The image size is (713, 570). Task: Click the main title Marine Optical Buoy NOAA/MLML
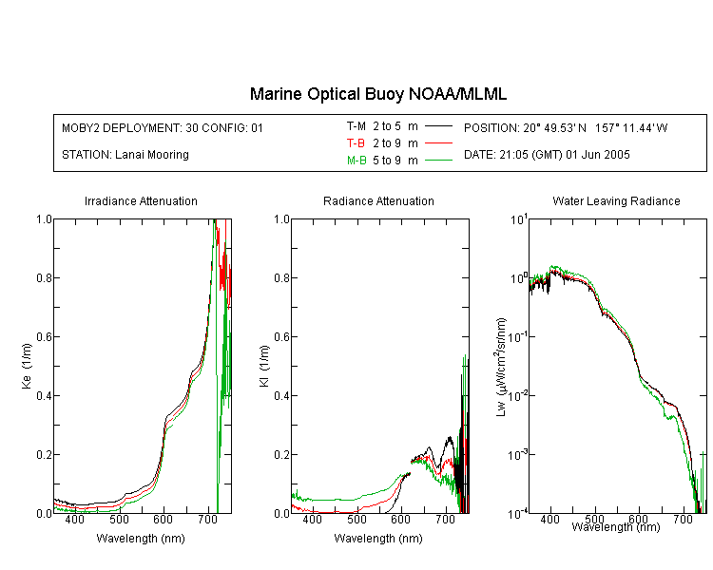(x=377, y=94)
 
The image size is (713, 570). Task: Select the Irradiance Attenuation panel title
(x=141, y=200)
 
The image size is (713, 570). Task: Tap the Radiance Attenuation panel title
(x=378, y=200)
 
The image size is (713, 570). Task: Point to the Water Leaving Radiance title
(x=616, y=200)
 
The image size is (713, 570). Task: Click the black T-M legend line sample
(x=438, y=126)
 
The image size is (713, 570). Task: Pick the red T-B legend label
(x=356, y=143)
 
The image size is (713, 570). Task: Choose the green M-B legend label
(x=356, y=161)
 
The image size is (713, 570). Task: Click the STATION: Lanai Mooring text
(x=125, y=155)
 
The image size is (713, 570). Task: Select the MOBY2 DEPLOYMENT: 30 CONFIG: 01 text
(x=163, y=127)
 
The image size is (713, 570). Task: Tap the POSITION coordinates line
(x=566, y=127)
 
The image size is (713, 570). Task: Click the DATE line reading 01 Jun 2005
(x=547, y=155)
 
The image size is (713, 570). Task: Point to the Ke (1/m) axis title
(x=27, y=367)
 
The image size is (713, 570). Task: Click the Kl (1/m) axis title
(x=264, y=367)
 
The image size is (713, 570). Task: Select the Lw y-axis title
(x=501, y=367)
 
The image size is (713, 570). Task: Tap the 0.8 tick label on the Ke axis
(x=44, y=277)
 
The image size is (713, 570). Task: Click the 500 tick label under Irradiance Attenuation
(x=119, y=519)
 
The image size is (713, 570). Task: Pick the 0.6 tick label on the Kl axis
(x=282, y=337)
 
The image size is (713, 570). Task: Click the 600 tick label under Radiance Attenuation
(x=401, y=519)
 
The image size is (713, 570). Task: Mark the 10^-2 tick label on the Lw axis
(x=517, y=395)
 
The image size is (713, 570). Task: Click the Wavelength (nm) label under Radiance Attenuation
(x=378, y=539)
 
